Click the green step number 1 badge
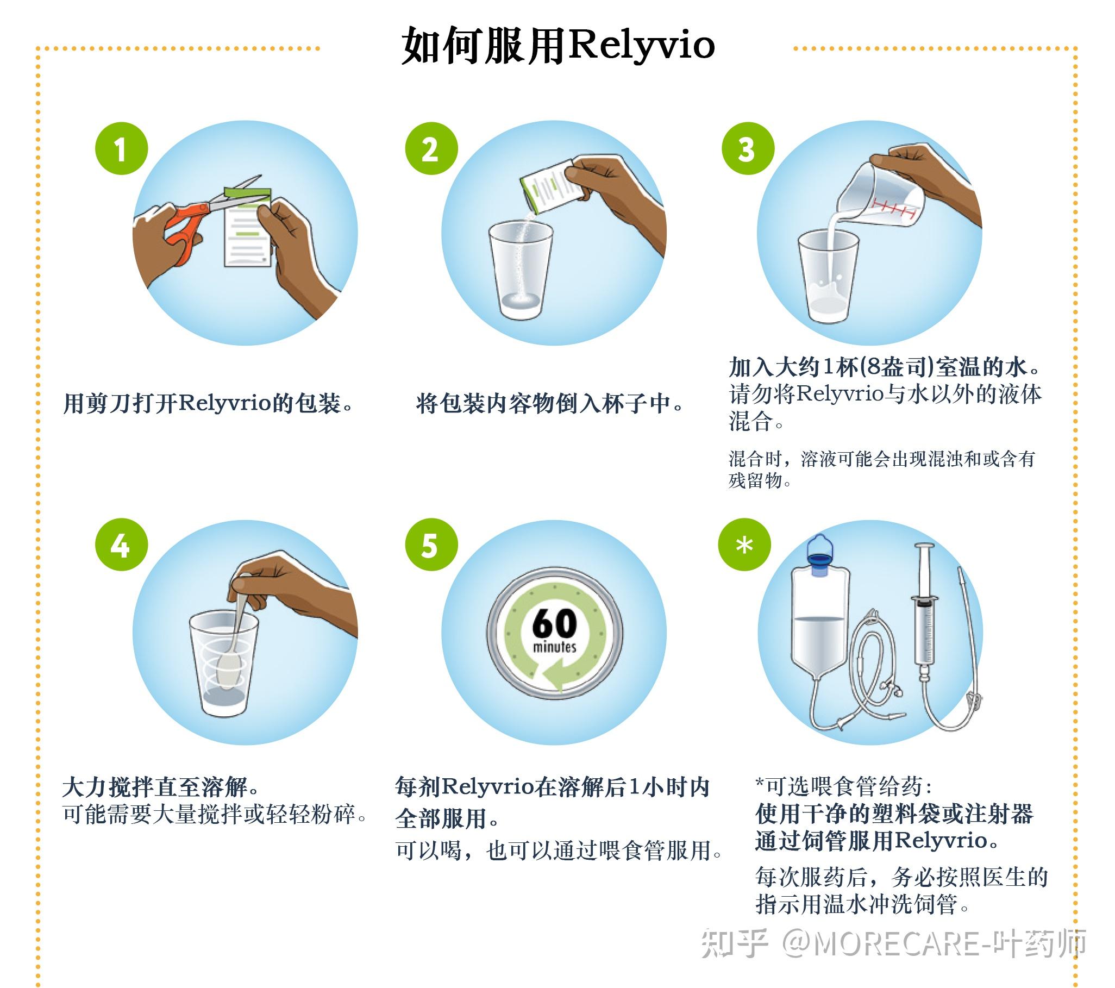click(x=121, y=148)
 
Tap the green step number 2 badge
click(x=431, y=148)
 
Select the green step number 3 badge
click(x=748, y=148)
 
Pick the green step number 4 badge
click(x=121, y=545)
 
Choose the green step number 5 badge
click(x=431, y=545)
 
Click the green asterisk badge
click(x=744, y=545)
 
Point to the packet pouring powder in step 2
click(x=551, y=188)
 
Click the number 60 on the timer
click(x=554, y=623)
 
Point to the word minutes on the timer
click(x=554, y=648)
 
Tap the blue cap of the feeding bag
click(x=820, y=562)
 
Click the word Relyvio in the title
click(x=641, y=45)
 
